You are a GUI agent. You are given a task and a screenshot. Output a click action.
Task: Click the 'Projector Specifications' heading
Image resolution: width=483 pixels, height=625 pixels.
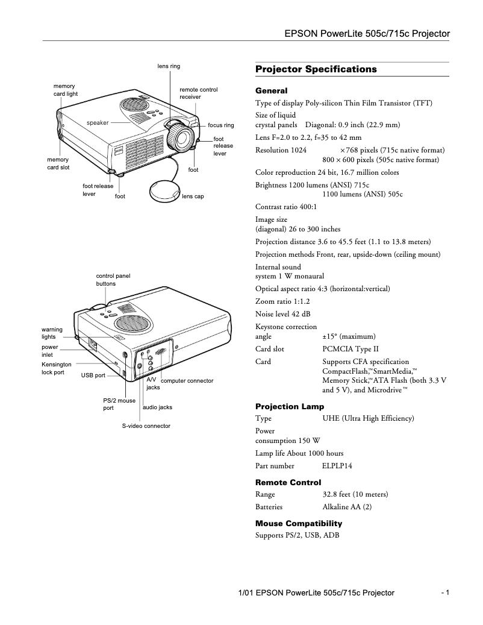[316, 69]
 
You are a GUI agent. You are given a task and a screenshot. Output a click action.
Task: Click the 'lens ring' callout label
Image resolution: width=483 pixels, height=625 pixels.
[169, 66]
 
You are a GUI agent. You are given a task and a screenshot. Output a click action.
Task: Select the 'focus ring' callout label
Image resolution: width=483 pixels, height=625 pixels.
[220, 125]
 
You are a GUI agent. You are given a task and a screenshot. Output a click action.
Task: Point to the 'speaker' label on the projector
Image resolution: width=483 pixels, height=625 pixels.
[98, 122]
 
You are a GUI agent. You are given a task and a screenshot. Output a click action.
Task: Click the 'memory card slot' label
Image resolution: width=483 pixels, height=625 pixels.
[58, 163]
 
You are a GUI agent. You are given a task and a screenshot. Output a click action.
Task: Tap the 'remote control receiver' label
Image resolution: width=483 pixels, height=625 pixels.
[198, 93]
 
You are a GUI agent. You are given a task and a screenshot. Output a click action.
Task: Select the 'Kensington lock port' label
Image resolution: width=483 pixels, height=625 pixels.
[56, 368]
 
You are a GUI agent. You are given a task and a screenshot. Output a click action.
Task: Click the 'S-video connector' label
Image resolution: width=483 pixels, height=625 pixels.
[146, 426]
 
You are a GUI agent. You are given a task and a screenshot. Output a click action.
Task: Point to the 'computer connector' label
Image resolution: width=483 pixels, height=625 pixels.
[187, 381]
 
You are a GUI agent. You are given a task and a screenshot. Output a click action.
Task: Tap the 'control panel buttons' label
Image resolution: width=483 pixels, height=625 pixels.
[113, 279]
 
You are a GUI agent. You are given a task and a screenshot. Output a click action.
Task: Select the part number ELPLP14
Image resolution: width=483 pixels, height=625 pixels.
[337, 466]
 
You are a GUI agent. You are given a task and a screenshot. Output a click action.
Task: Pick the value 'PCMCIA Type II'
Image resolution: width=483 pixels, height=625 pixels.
[351, 349]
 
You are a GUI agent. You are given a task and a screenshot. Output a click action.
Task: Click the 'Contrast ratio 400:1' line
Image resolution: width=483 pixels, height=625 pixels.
[286, 206]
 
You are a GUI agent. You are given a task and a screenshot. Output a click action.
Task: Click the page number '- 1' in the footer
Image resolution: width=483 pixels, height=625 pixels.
[445, 592]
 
